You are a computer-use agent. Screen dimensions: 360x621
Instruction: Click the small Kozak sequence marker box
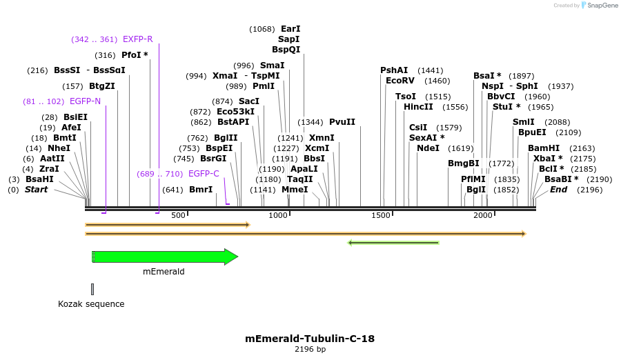[92, 289]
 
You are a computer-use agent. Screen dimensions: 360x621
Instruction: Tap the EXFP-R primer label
[138, 39]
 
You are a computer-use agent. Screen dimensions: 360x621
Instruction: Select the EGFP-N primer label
[86, 101]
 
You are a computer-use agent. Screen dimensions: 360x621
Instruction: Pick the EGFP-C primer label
[204, 174]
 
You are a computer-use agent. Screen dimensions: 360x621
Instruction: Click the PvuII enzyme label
[342, 122]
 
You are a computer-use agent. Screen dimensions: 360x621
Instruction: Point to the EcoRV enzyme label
[400, 81]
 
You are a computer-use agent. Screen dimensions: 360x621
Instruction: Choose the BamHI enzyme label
[542, 148]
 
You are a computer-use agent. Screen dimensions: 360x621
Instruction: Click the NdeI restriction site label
[428, 148]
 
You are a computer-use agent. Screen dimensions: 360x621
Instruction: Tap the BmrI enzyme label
[201, 190]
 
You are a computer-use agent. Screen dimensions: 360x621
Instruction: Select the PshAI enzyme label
[394, 70]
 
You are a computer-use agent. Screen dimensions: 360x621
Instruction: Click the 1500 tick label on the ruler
[382, 216]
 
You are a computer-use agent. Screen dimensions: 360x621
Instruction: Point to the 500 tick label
[178, 216]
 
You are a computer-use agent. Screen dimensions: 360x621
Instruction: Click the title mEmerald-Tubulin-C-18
[310, 339]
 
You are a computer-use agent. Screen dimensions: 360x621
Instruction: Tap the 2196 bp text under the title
[310, 350]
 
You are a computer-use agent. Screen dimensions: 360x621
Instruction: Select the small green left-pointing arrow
[393, 243]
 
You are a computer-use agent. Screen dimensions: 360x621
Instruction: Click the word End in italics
[558, 190]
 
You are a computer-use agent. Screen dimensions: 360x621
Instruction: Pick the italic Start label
[37, 190]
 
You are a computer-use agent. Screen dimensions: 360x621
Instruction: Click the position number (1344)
[310, 122]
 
